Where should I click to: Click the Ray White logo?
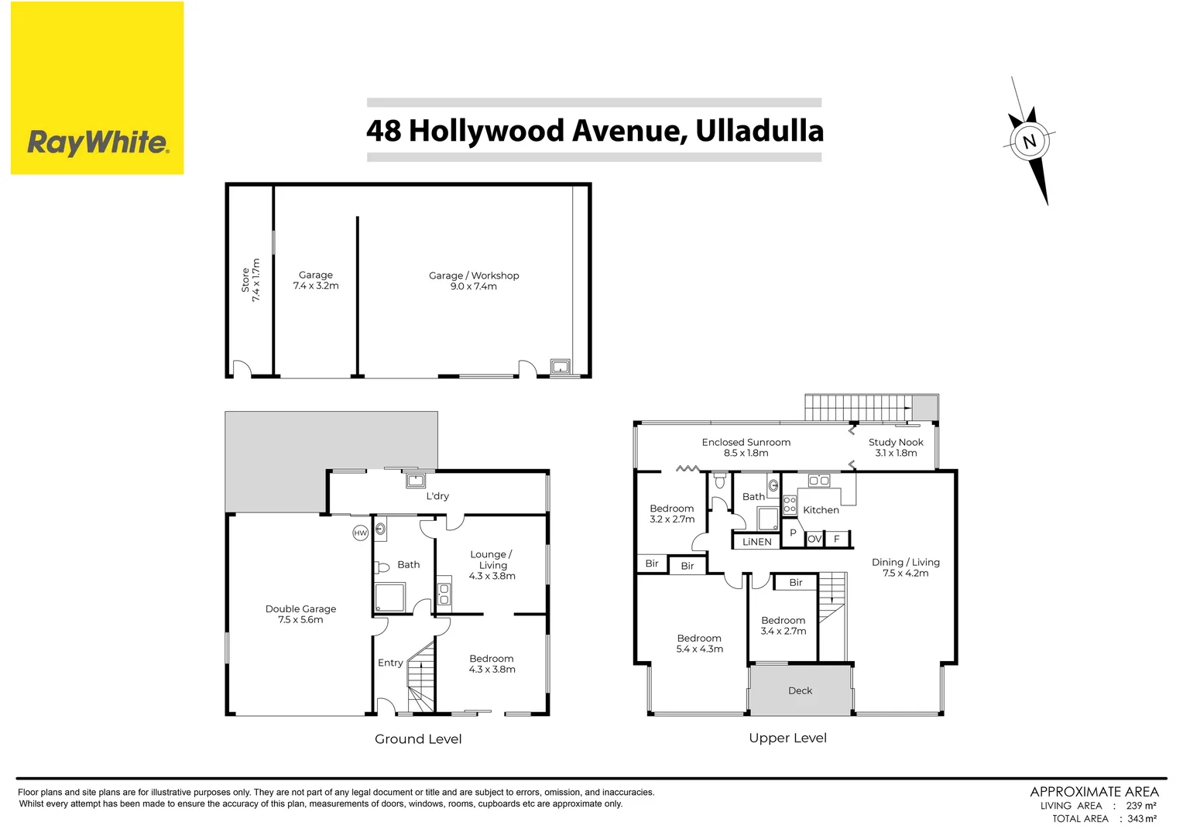pyautogui.click(x=98, y=88)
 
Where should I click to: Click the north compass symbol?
pyautogui.click(x=1030, y=142)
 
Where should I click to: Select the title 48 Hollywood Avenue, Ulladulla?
pyautogui.click(x=595, y=131)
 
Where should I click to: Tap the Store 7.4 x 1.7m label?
pyautogui.click(x=250, y=280)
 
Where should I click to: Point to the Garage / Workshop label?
pyautogui.click(x=474, y=280)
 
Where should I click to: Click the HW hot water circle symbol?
pyautogui.click(x=360, y=533)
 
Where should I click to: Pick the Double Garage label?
pyautogui.click(x=300, y=614)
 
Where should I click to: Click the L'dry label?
pyautogui.click(x=437, y=496)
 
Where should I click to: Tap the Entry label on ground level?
pyautogui.click(x=390, y=663)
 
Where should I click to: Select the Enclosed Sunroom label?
pyautogui.click(x=746, y=447)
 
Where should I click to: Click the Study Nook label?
pyautogui.click(x=896, y=447)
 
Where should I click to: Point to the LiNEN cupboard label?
pyautogui.click(x=756, y=542)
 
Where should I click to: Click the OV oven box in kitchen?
pyautogui.click(x=814, y=539)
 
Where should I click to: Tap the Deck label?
pyautogui.click(x=800, y=690)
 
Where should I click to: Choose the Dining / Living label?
pyautogui.click(x=905, y=567)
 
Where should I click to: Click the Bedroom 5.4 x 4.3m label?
pyautogui.click(x=699, y=643)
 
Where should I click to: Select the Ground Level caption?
pyautogui.click(x=418, y=739)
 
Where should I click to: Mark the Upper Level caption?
pyautogui.click(x=787, y=738)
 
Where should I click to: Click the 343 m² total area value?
pyautogui.click(x=1142, y=818)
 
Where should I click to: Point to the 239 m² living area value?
pyautogui.click(x=1141, y=806)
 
